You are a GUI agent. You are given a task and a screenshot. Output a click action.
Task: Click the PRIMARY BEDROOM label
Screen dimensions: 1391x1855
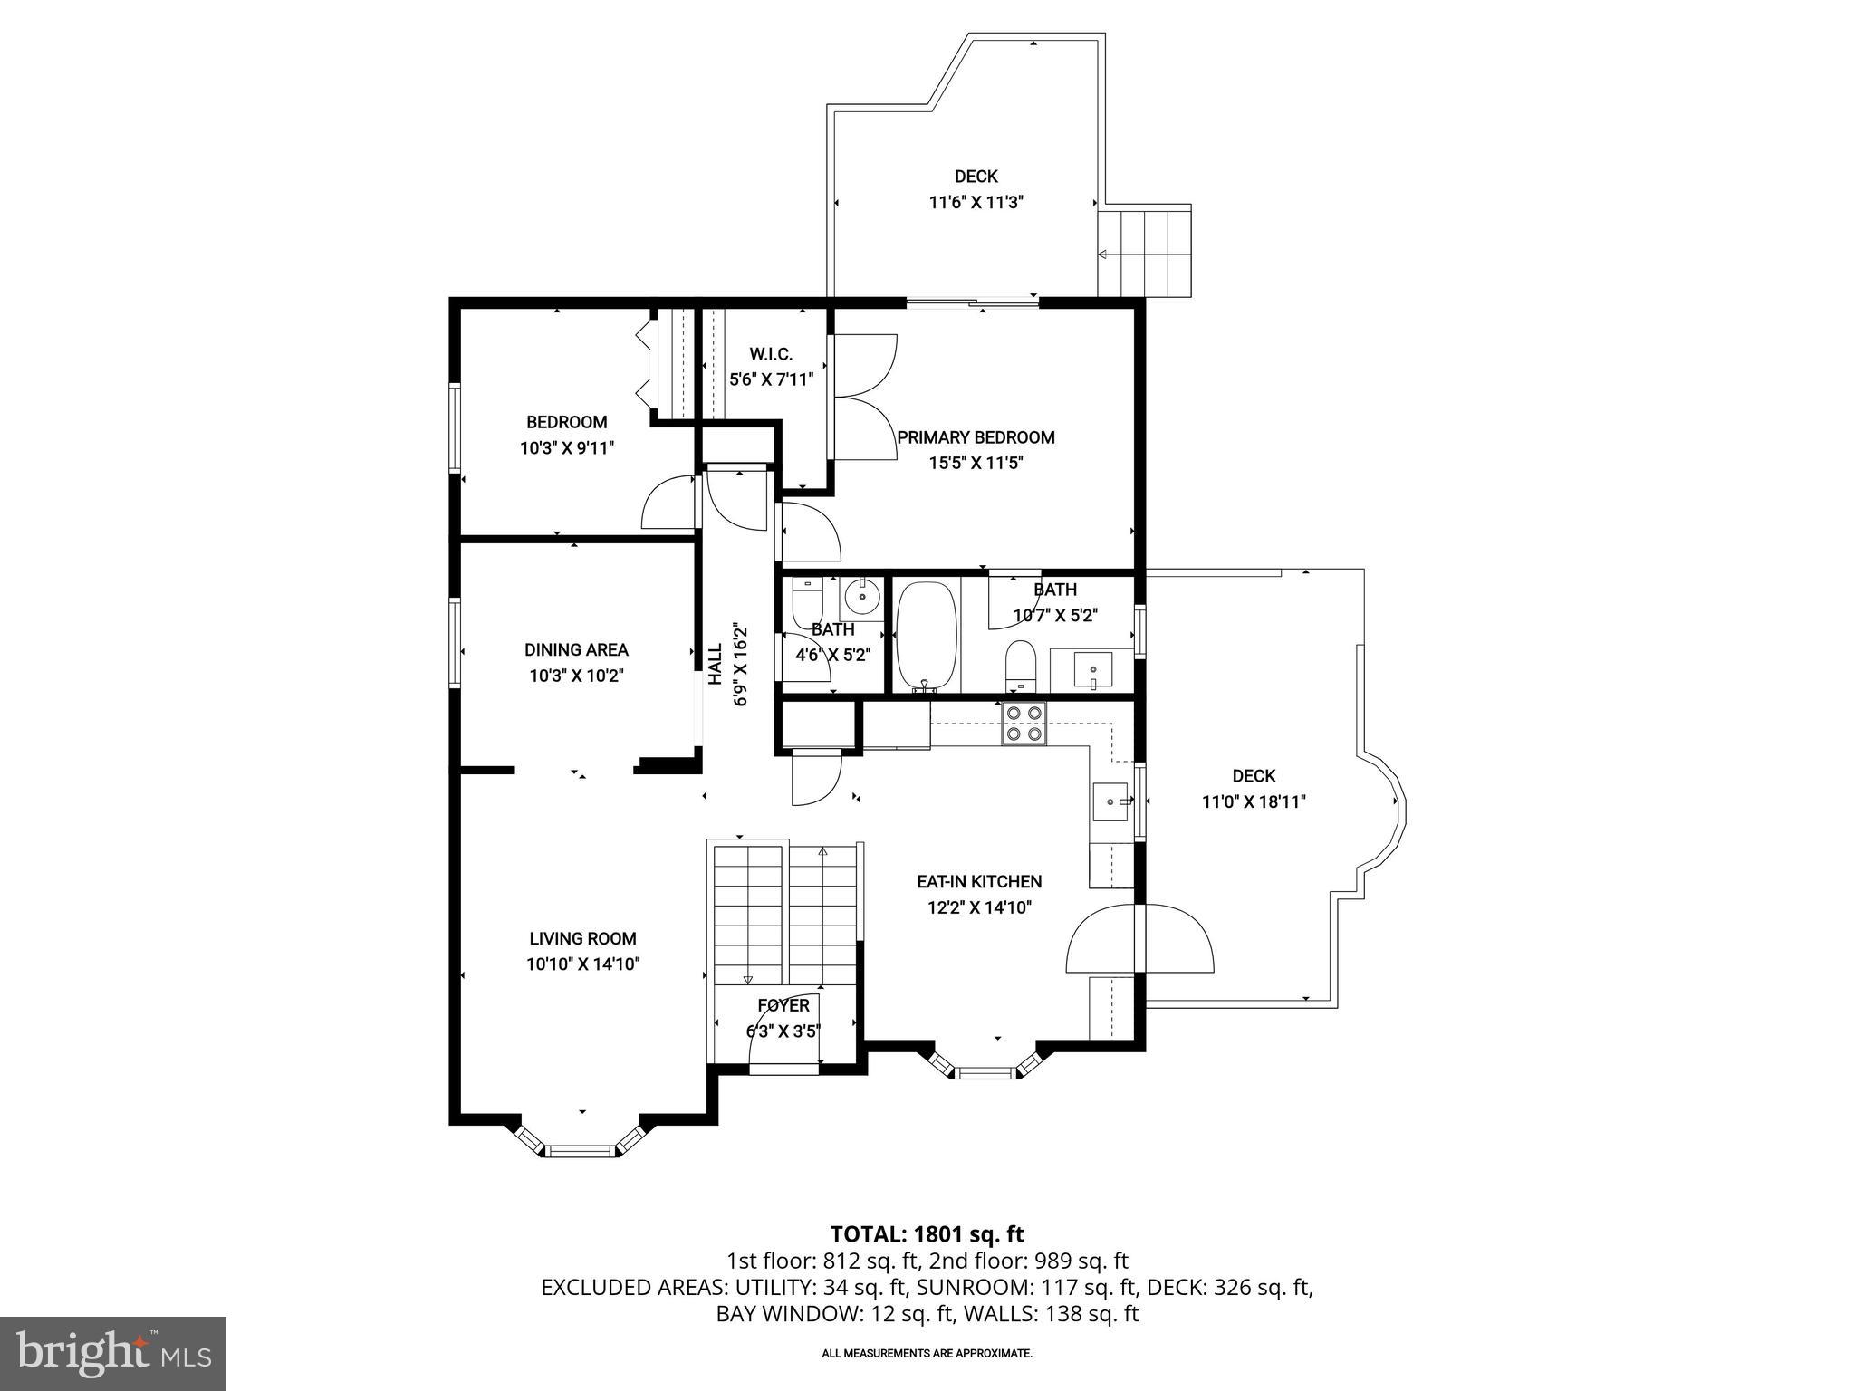pos(976,437)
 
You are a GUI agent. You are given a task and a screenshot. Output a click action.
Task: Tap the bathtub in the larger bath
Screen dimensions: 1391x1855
pos(926,637)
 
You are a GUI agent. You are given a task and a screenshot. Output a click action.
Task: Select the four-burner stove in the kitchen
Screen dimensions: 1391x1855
pos(1024,724)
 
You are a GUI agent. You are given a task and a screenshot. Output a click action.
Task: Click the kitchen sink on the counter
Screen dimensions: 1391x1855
pos(1111,801)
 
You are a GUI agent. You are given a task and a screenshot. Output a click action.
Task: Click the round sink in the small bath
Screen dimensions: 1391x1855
pos(860,597)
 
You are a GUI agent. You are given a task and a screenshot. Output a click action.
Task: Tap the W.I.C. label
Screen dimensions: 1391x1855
pos(770,354)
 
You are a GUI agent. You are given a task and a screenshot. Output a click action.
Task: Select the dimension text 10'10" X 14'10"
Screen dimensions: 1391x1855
pos(583,964)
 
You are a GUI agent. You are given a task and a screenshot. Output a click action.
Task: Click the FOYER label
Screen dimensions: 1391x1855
pos(783,1006)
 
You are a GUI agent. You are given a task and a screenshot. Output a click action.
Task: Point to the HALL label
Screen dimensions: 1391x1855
pos(715,664)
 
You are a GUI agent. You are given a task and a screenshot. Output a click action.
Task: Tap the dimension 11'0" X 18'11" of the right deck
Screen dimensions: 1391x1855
pos(1254,801)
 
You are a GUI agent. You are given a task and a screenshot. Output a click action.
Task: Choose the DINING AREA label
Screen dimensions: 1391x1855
pos(576,649)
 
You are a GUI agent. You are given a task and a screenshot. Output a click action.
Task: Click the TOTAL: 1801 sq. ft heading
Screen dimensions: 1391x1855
pos(927,1233)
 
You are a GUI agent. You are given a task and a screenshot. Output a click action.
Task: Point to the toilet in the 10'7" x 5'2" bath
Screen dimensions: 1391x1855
pos(1021,665)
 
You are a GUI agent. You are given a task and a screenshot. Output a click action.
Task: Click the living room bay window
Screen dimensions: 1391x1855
pos(580,1151)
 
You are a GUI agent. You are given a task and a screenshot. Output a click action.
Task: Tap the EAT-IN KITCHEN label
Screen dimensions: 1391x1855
pos(979,881)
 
